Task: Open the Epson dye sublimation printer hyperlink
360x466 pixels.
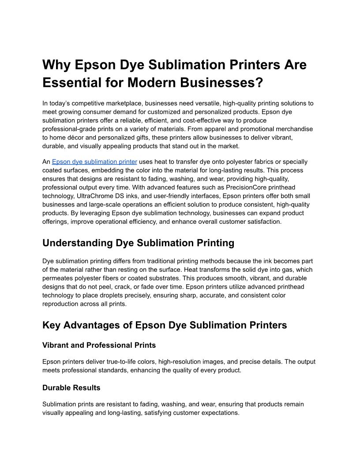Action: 94,162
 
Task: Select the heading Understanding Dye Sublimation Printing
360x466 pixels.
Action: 138,243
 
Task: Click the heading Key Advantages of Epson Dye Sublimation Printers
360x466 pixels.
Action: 165,325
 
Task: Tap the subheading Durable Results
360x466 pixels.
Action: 71,388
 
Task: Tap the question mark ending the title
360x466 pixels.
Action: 259,83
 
